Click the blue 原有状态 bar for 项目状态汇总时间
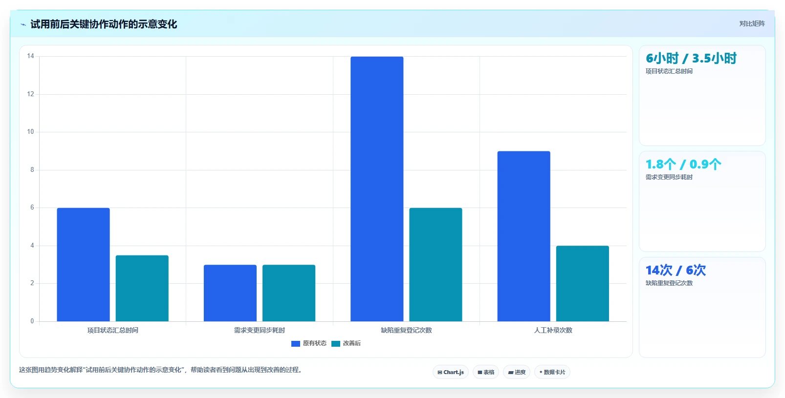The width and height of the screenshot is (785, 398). point(84,265)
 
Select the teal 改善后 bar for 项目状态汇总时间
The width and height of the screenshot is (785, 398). point(142,289)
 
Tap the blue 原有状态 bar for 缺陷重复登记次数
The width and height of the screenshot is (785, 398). point(377,189)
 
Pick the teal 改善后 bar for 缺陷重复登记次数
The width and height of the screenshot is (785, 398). point(436,265)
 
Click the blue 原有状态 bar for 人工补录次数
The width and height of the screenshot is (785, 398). point(523,236)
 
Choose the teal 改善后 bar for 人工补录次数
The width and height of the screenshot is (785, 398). point(583,284)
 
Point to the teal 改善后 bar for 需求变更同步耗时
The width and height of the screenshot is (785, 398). point(289,293)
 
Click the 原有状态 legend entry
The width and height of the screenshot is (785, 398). point(309,343)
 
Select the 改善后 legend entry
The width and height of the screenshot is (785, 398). point(346,343)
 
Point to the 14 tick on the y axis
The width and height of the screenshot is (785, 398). point(31,56)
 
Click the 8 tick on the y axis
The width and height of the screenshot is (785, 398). point(32,170)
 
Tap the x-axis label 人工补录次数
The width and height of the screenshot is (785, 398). point(553,330)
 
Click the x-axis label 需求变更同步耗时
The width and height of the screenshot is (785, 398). point(260,330)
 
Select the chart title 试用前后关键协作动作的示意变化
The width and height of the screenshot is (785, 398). point(104,24)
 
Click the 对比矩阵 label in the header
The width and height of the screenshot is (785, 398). point(752,23)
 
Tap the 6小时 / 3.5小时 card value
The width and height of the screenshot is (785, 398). point(691,58)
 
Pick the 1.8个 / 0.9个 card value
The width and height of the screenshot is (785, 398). point(683,164)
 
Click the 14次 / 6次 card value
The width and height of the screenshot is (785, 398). point(676,270)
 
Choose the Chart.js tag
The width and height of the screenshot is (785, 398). point(451,372)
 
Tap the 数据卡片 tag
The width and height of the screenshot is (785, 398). point(552,372)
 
